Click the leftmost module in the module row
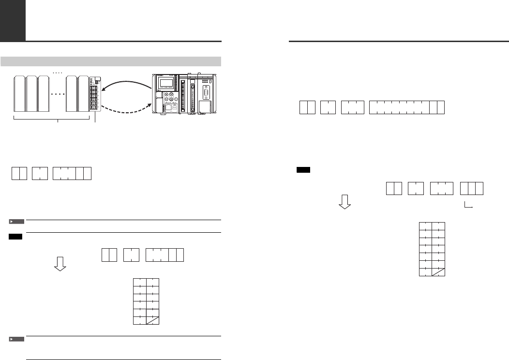coord(19,94)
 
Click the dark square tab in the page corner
coord(13,20)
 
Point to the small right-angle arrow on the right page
coord(468,206)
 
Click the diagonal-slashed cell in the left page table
coord(152,319)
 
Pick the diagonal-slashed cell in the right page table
coord(438,271)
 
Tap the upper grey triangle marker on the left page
coord(16,222)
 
